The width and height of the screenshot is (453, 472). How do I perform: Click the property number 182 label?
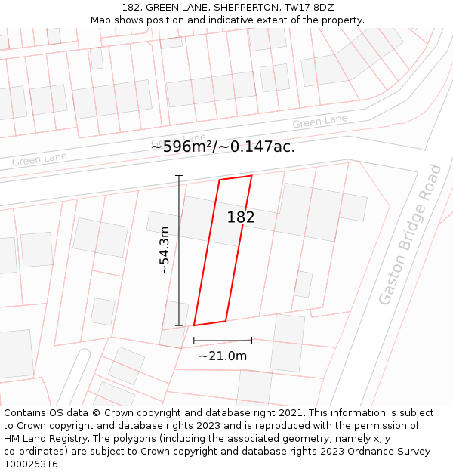point(241,217)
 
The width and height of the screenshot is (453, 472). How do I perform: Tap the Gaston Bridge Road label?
point(410,234)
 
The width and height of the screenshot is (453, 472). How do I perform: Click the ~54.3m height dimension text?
point(164,249)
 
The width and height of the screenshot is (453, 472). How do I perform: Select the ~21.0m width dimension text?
point(223,356)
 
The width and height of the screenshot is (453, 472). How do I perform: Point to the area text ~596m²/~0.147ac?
point(223,147)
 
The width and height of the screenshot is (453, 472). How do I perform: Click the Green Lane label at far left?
point(39,159)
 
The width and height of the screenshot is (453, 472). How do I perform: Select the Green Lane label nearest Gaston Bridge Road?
point(320,122)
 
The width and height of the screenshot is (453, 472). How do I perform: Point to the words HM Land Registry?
point(43,438)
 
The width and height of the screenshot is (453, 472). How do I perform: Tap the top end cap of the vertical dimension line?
point(179,176)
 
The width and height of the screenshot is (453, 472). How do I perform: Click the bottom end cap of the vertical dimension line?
point(179,325)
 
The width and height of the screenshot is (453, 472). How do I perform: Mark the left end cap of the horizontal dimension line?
point(194,341)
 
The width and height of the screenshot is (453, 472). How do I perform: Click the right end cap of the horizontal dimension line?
point(251,341)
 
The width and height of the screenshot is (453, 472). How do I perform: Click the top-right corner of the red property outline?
point(251,176)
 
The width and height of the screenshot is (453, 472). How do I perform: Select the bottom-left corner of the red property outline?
point(194,325)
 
